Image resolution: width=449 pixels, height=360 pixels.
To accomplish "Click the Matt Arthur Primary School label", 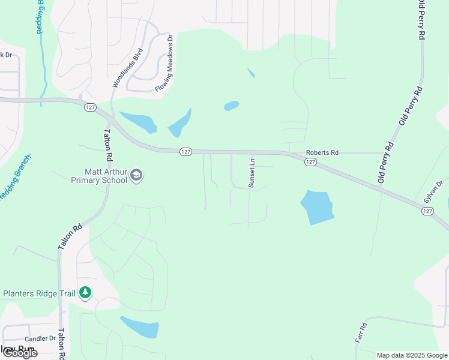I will click(99, 175).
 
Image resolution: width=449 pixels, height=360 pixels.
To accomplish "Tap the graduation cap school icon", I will click(137, 175).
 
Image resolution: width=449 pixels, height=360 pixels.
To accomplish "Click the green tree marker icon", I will click(85, 293).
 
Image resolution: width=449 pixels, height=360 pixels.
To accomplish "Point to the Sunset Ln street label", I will click(252, 173).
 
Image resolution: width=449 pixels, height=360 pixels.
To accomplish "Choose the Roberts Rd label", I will click(322, 153).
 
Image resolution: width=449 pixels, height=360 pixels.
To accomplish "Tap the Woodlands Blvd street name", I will click(127, 68).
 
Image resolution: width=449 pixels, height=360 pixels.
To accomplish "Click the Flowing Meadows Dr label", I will click(163, 63).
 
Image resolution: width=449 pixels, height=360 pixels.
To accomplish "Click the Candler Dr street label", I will click(40, 339).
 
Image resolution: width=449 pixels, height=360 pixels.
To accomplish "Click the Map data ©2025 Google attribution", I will click(411, 355).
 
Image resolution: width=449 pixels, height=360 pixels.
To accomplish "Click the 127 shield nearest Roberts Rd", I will click(310, 162).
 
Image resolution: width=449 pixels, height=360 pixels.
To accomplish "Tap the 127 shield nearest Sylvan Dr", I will click(427, 211).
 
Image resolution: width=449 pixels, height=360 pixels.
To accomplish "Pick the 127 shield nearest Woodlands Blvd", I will click(89, 107).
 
